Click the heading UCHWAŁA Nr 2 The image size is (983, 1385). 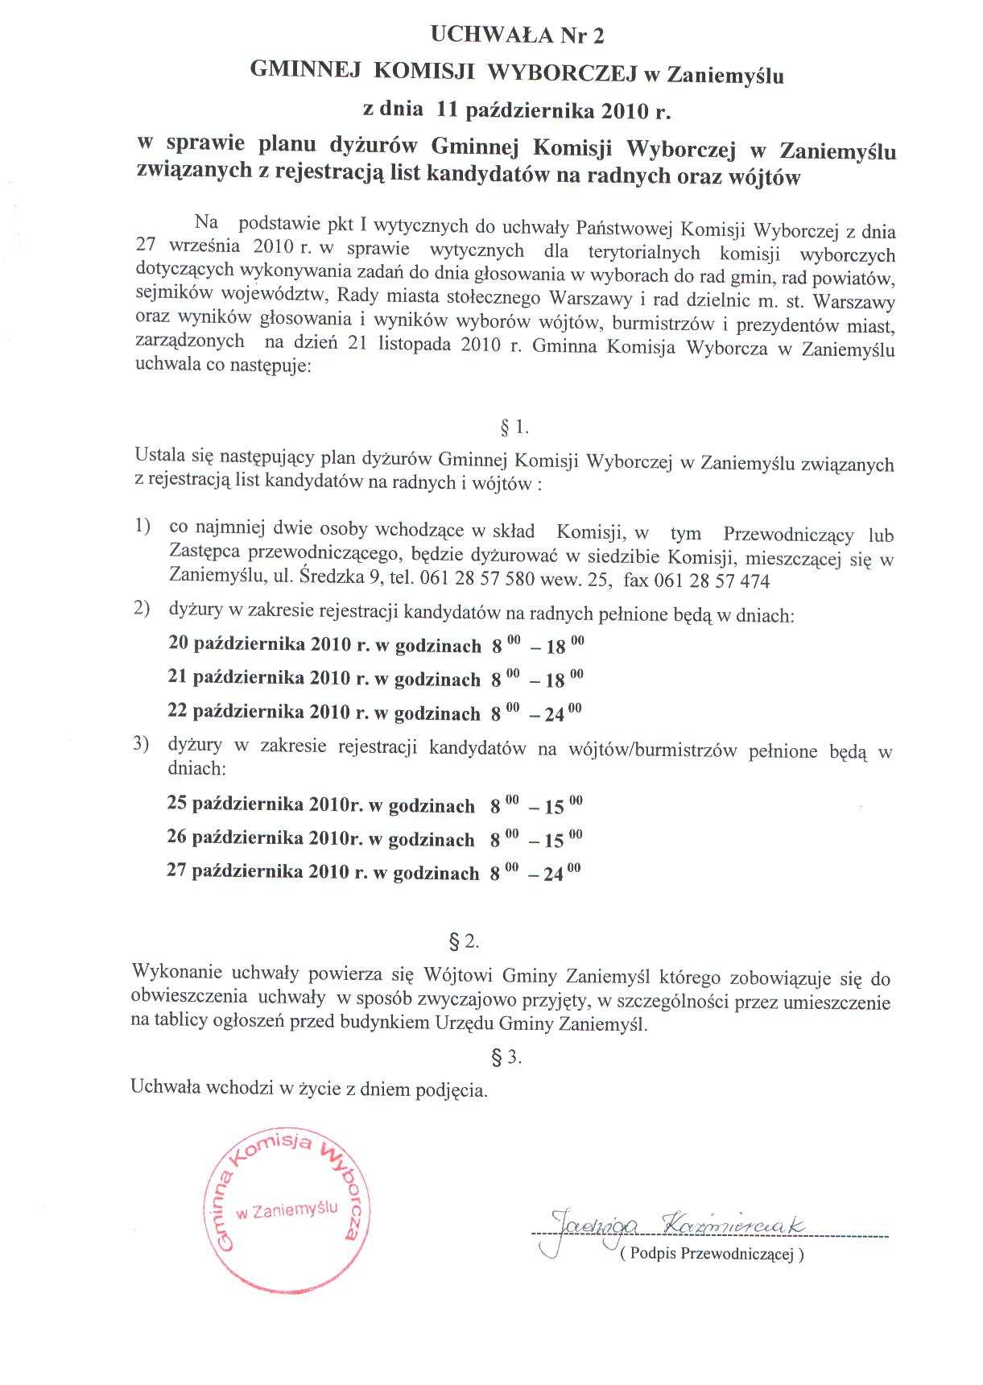point(517,35)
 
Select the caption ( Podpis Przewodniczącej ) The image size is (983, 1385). point(712,1254)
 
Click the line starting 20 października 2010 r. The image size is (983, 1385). point(375,645)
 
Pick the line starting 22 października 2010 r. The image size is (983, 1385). point(374,713)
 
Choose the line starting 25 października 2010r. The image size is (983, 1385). point(374,805)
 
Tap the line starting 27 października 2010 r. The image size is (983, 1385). point(374,872)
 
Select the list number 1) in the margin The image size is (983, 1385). point(143,527)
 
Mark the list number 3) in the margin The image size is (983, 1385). point(142,744)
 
